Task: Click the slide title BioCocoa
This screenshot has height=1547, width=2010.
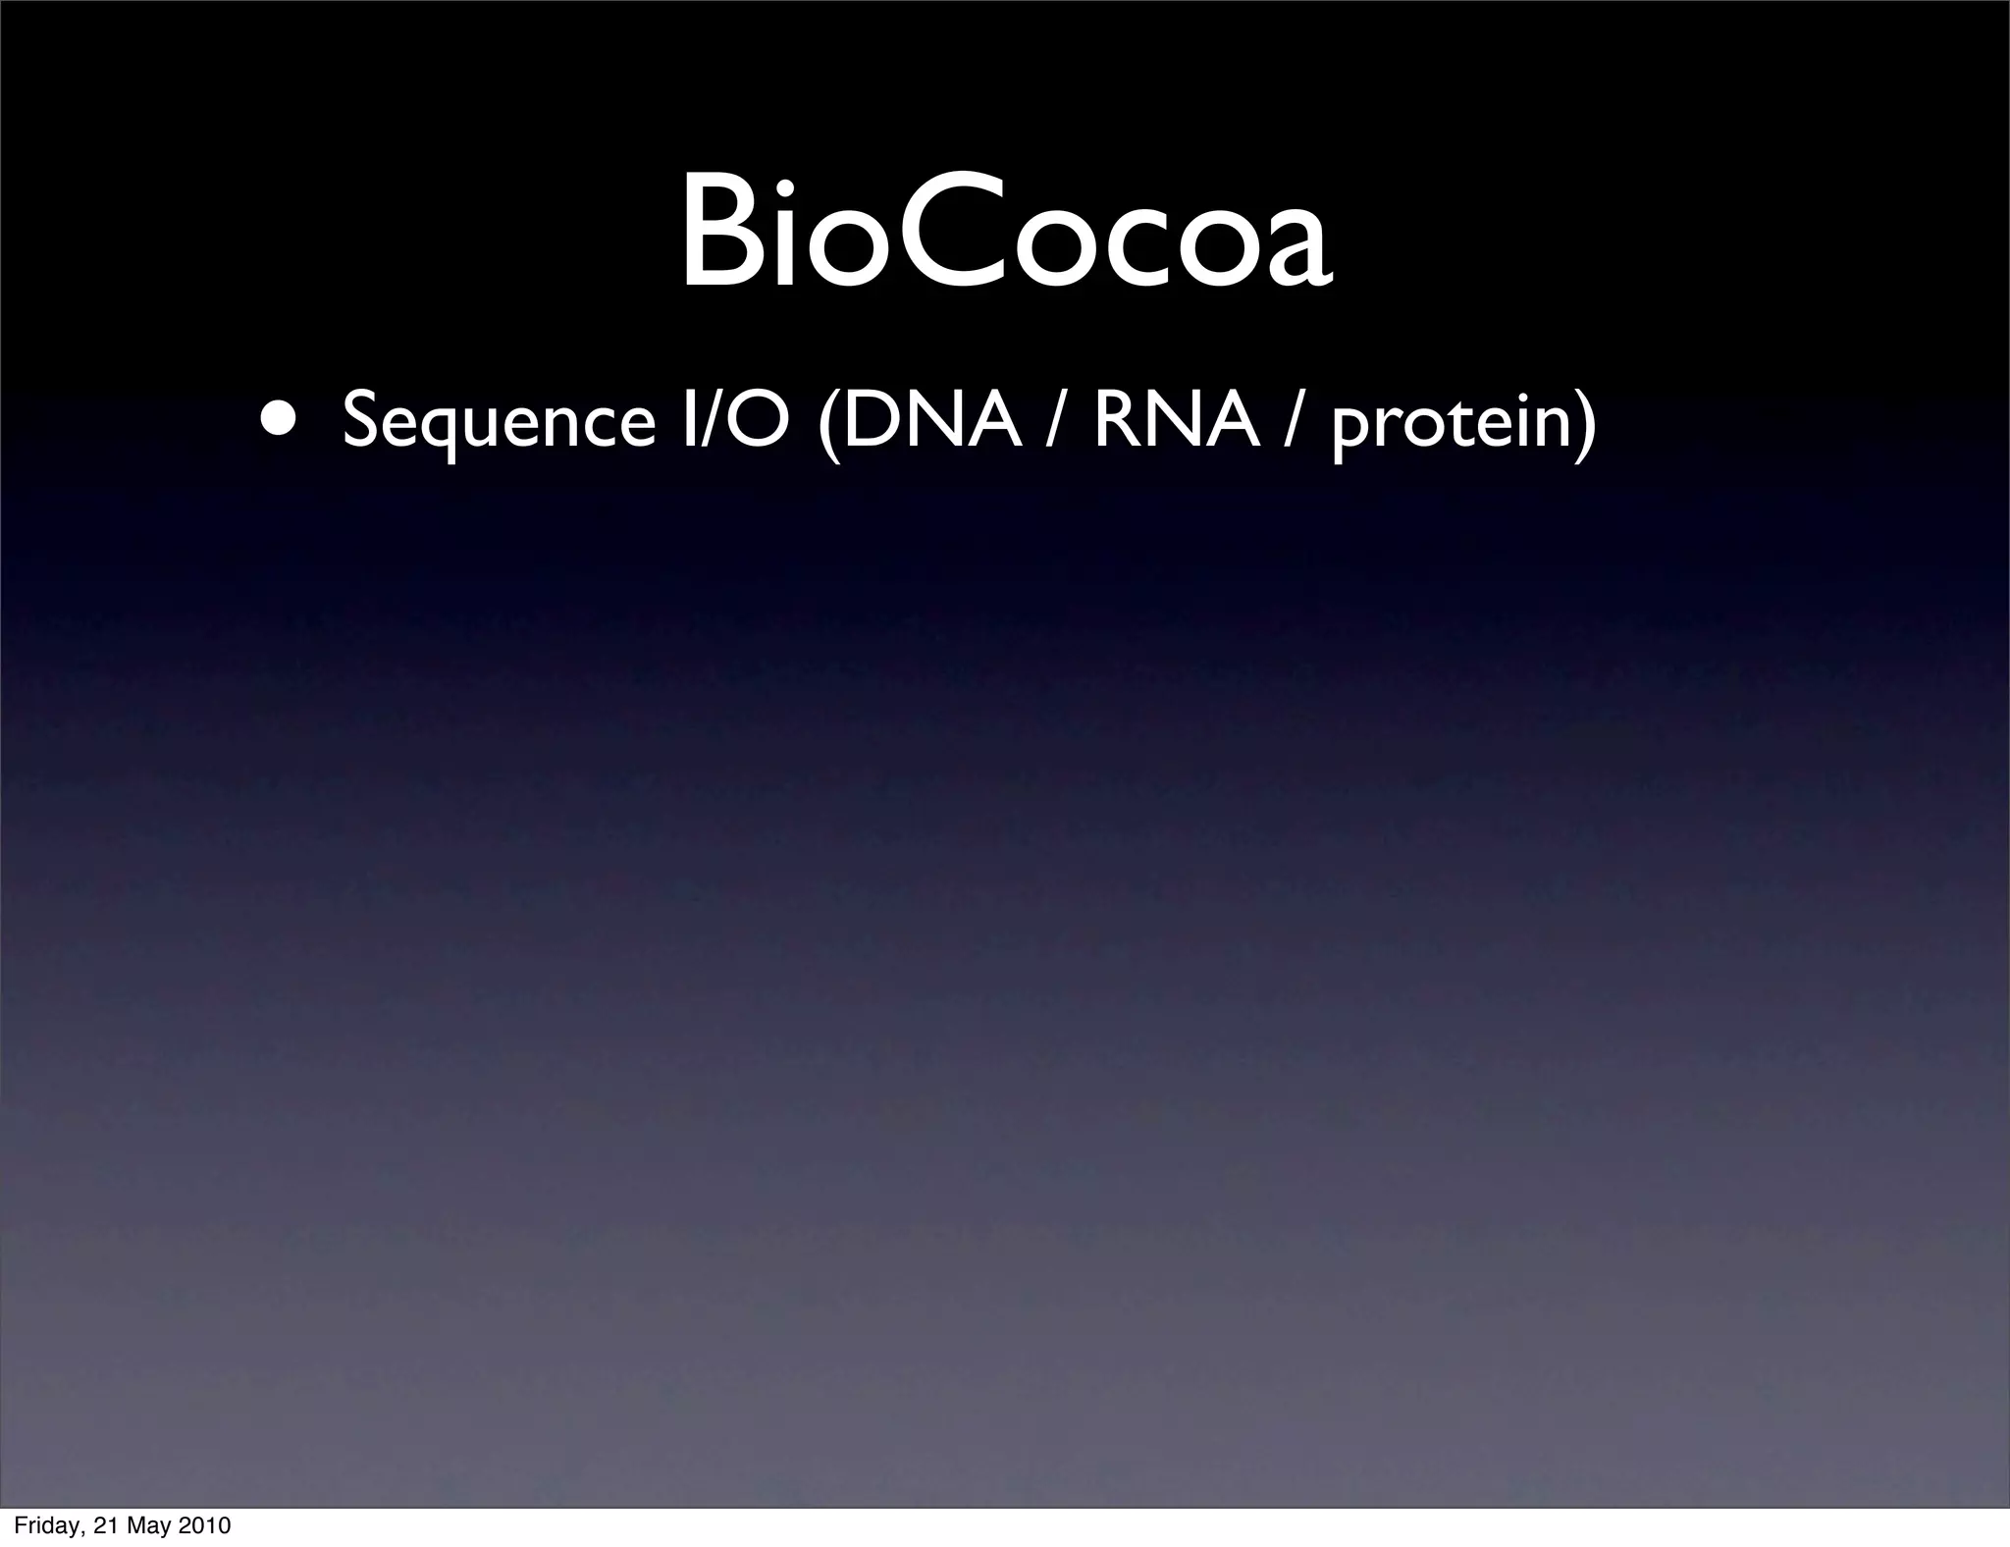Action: [x=1006, y=233]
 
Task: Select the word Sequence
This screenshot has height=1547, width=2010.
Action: [x=499, y=419]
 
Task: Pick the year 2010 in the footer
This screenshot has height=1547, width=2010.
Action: [x=204, y=1526]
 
